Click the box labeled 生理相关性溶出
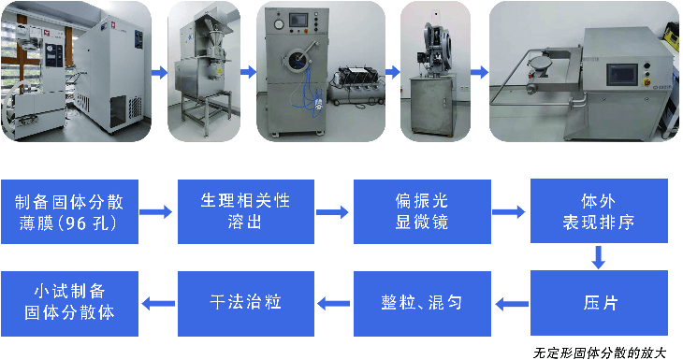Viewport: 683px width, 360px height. tap(246, 211)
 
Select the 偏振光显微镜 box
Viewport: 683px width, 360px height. tap(422, 211)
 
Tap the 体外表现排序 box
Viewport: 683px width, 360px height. tap(599, 210)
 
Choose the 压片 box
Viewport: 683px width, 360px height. tap(599, 303)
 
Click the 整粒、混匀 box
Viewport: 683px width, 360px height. tap(422, 304)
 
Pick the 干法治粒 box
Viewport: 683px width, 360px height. tap(246, 304)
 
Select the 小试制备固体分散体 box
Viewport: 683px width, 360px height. tap(69, 304)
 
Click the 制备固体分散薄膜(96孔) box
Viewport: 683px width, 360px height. tap(69, 211)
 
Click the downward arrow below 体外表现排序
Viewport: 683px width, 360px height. tap(599, 257)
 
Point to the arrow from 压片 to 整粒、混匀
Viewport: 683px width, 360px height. tap(512, 304)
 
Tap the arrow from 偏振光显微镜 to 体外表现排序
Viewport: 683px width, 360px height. tap(508, 212)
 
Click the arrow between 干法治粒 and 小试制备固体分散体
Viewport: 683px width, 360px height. tap(158, 304)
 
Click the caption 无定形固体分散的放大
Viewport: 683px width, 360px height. tap(600, 353)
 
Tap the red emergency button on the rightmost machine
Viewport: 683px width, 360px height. tap(647, 81)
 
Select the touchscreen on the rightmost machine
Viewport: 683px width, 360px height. tap(622, 76)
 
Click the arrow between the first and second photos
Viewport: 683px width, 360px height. tap(160, 72)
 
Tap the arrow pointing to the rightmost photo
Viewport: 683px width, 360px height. tap(480, 72)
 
